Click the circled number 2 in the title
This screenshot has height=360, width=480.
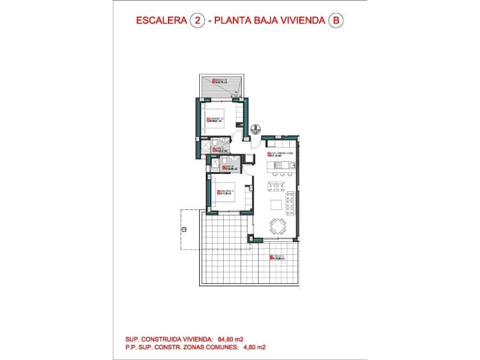tap(196, 20)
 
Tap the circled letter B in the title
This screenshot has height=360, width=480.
tap(336, 20)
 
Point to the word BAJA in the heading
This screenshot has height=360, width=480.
tap(275, 20)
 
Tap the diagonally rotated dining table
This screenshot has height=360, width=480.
tap(277, 227)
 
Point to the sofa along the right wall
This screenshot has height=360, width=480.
tap(291, 203)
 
